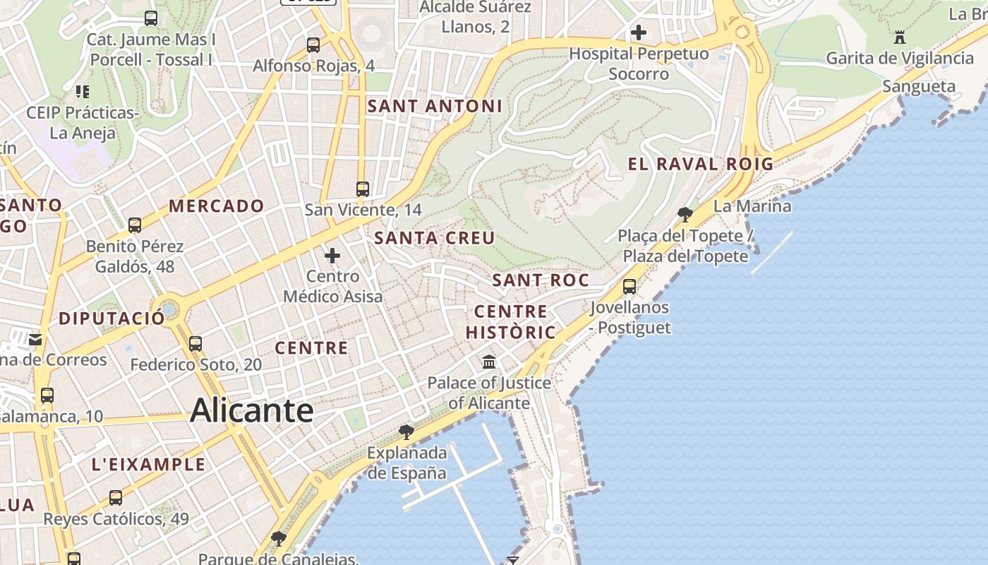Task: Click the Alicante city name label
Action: click(x=251, y=410)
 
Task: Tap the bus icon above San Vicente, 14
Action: click(x=363, y=189)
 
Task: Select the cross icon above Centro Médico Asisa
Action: click(x=332, y=256)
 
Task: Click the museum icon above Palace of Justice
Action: click(x=488, y=362)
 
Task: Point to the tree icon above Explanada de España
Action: click(x=406, y=432)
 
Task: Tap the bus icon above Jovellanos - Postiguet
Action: click(x=629, y=287)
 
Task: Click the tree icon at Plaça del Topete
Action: click(x=684, y=214)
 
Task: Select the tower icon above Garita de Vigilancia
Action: click(x=899, y=37)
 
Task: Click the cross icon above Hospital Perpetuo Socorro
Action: click(x=639, y=32)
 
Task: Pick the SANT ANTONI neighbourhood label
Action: click(x=435, y=107)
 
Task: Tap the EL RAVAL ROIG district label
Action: click(x=701, y=165)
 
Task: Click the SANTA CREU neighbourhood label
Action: click(x=435, y=238)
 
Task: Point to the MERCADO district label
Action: click(x=217, y=206)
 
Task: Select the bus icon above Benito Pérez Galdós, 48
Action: click(x=134, y=225)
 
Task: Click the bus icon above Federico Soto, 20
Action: click(x=195, y=344)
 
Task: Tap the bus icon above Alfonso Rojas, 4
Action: click(x=313, y=45)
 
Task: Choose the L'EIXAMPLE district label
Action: click(x=149, y=465)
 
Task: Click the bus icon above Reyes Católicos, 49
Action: click(x=116, y=498)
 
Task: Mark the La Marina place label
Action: click(x=752, y=206)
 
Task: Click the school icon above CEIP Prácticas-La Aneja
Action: click(x=83, y=91)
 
